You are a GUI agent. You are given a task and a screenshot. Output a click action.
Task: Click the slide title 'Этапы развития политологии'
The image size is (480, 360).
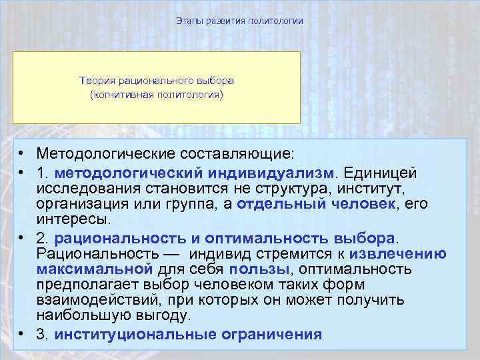(x=239, y=21)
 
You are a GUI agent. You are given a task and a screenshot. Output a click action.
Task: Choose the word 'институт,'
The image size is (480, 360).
(x=367, y=188)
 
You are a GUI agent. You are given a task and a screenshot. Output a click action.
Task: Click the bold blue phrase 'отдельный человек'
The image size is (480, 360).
(x=316, y=204)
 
